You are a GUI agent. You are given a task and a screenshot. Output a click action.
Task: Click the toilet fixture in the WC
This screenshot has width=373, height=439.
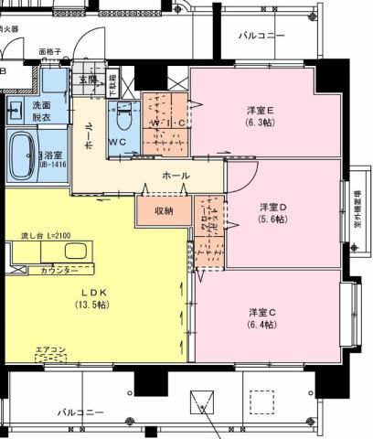click(x=126, y=118)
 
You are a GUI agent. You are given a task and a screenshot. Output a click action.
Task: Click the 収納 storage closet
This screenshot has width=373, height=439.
click(x=164, y=211)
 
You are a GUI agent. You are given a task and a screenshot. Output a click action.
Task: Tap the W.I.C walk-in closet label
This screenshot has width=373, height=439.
click(x=167, y=123)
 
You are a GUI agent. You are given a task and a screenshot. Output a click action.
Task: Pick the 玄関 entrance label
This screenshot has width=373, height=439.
click(x=88, y=80)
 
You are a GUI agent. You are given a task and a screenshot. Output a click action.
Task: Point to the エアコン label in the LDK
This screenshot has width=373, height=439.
click(x=50, y=348)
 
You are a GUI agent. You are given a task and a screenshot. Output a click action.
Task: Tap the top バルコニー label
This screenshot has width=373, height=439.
click(x=261, y=37)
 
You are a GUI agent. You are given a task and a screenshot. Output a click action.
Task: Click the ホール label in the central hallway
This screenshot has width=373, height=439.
click(x=175, y=175)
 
